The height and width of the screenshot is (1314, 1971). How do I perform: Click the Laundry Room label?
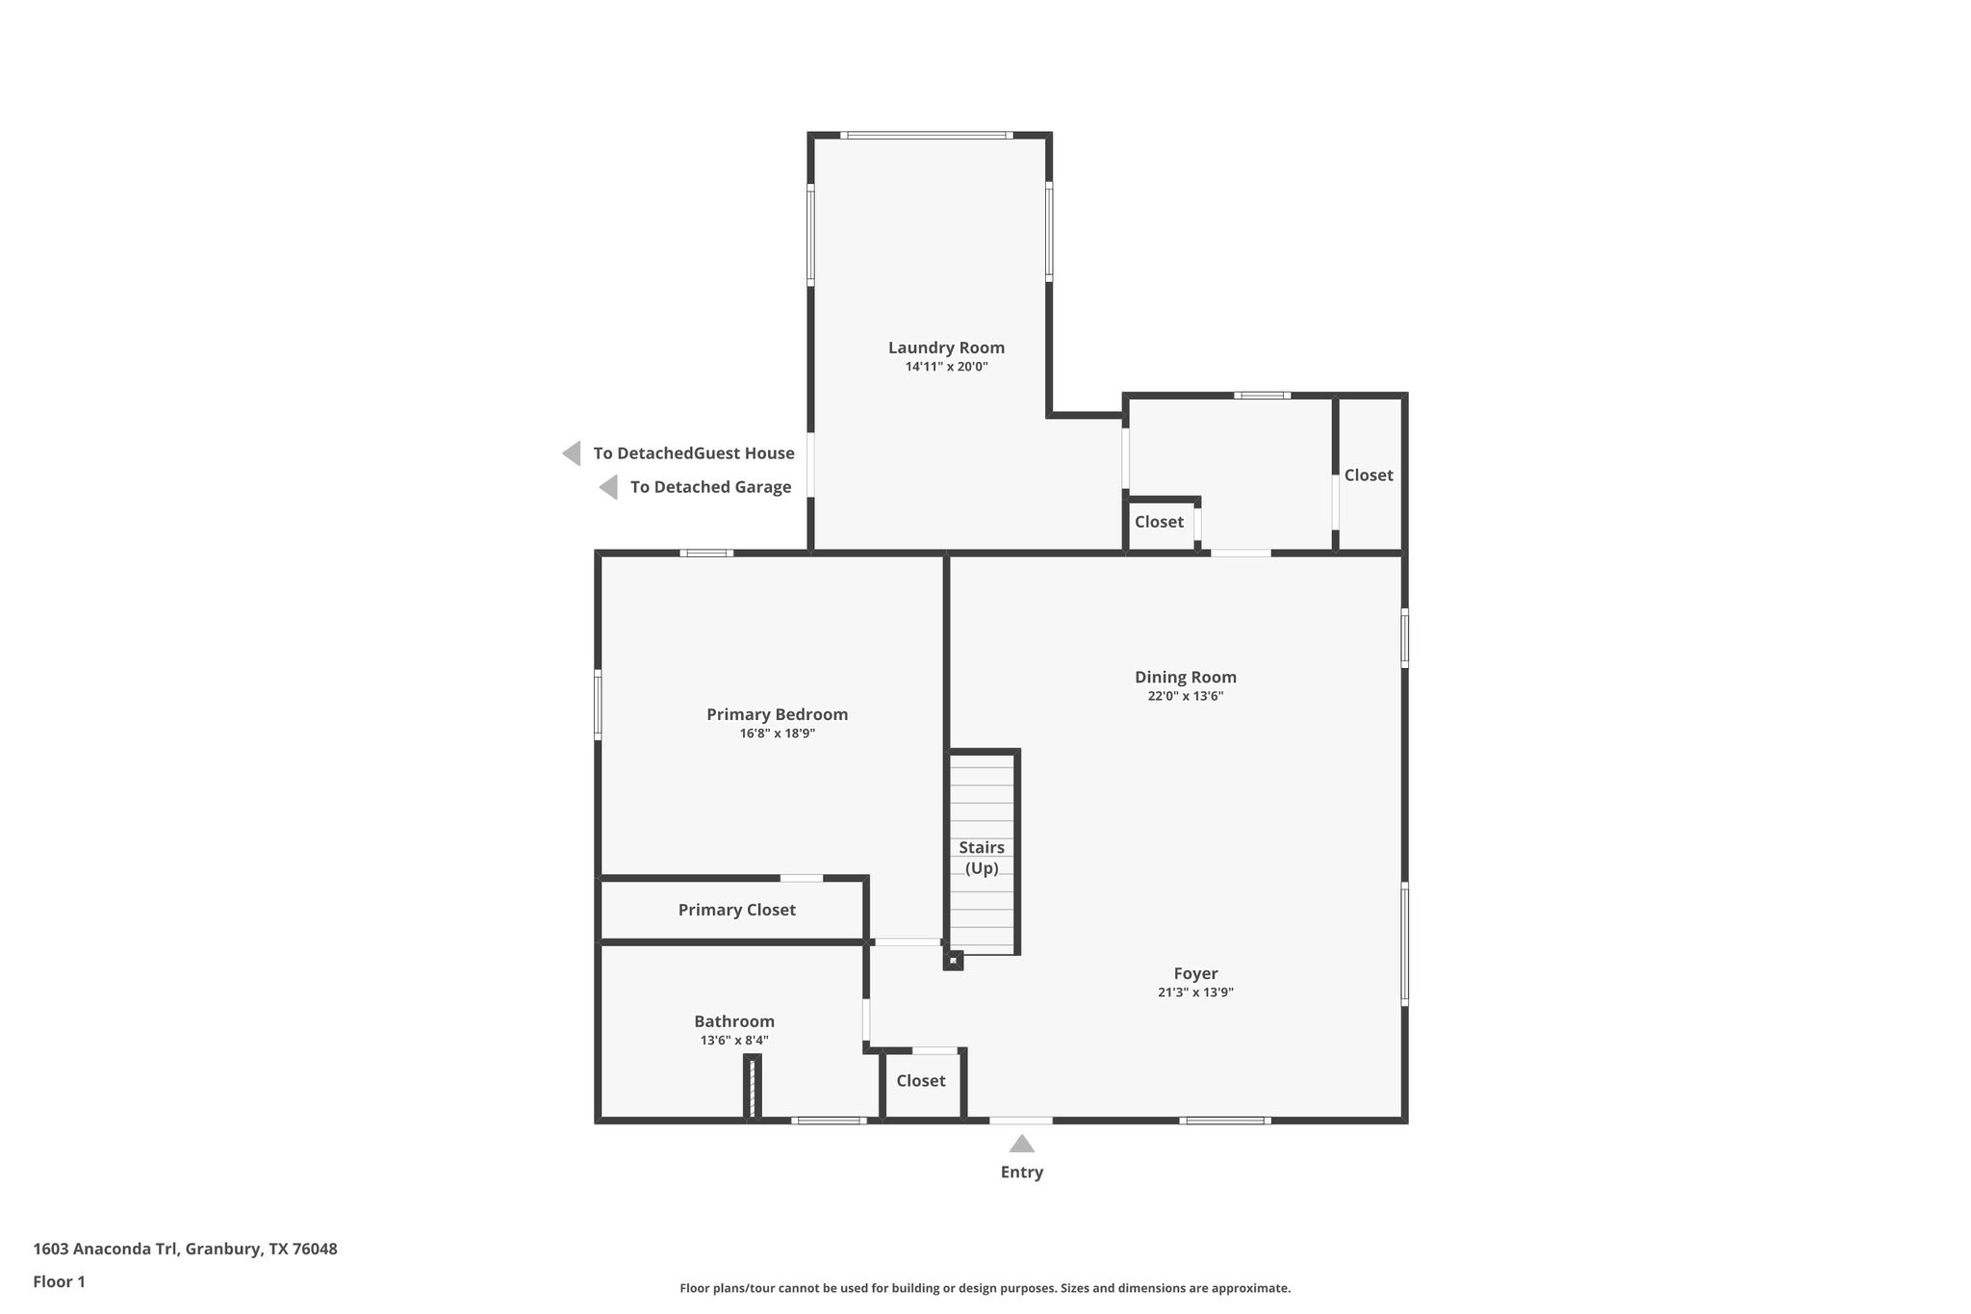[x=946, y=348]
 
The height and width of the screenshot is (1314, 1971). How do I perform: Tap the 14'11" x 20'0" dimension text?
[x=946, y=367]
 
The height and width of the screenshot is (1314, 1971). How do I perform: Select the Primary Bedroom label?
[x=777, y=714]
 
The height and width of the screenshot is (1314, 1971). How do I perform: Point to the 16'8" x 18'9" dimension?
[x=777, y=734]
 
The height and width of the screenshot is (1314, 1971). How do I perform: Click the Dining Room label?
[x=1185, y=677]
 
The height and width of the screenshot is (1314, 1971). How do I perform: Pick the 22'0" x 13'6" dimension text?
[x=1185, y=696]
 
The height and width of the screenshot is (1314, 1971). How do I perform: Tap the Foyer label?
[x=1195, y=973]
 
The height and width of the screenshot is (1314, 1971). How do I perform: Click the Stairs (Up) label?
[x=982, y=857]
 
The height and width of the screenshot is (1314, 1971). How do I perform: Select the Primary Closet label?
[x=736, y=910]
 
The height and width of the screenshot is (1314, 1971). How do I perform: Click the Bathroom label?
[x=734, y=1021]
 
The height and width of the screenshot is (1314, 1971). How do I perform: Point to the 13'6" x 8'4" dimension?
[x=734, y=1041]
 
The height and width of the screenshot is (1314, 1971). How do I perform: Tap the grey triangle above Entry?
[x=1021, y=1145]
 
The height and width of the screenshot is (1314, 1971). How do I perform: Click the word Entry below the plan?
[x=1021, y=1172]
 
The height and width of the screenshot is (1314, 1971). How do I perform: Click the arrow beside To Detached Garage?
[x=608, y=487]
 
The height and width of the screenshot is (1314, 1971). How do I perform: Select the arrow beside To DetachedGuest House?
[x=572, y=453]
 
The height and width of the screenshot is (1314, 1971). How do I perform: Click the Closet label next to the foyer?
[x=921, y=1081]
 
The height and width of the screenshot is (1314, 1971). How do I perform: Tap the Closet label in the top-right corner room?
[x=1369, y=476]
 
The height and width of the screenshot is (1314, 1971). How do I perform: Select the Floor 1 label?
[x=59, y=1281]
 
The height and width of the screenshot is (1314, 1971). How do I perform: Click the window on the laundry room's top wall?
[x=926, y=136]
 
